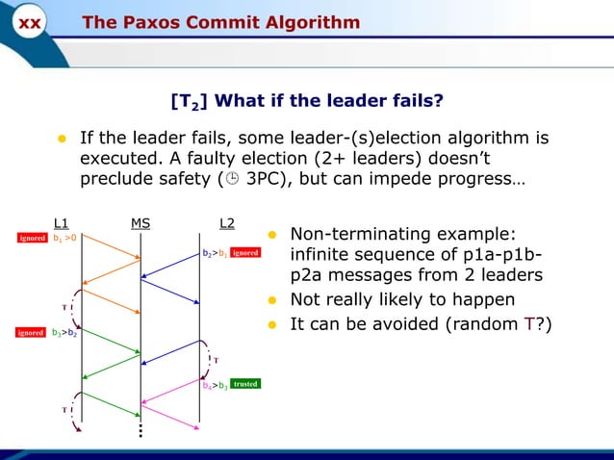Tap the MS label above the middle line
pyautogui.click(x=141, y=224)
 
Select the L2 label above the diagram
pyautogui.click(x=227, y=224)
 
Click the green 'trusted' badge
pyautogui.click(x=245, y=383)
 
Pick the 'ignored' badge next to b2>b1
pyautogui.click(x=245, y=253)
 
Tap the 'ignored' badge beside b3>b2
pyautogui.click(x=30, y=333)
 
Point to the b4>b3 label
pyautogui.click(x=215, y=385)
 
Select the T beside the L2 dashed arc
pyautogui.click(x=216, y=361)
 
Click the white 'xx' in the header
pyautogui.click(x=30, y=23)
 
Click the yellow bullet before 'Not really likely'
pyautogui.click(x=272, y=299)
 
